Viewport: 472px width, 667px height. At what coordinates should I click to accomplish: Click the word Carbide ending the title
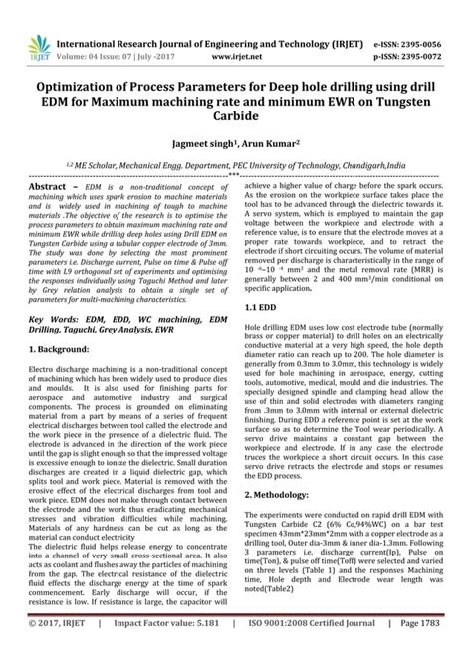235,115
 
